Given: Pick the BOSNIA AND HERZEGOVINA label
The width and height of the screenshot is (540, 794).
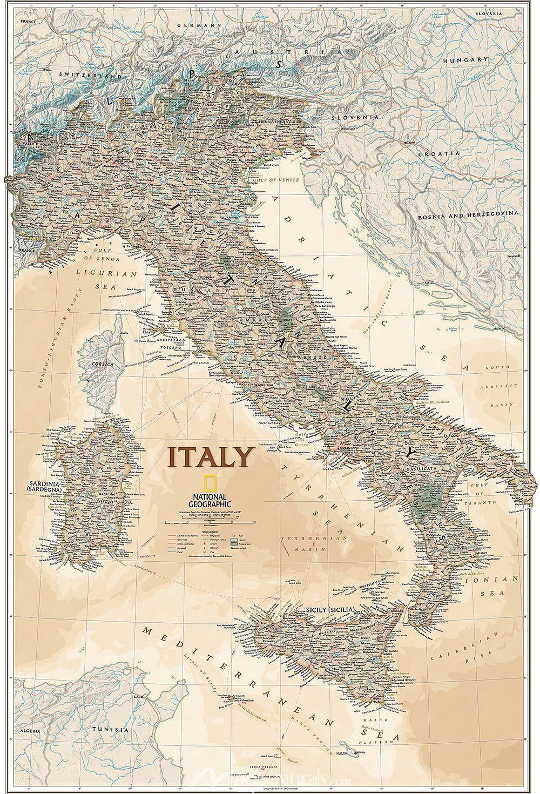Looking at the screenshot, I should coord(468,214).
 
